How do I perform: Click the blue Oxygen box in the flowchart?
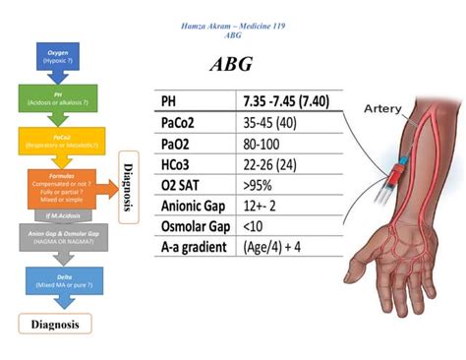coord(57,56)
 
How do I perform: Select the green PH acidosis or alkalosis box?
coord(57,98)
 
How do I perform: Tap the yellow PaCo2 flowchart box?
coord(57,141)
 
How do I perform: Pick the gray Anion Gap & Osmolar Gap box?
coord(57,236)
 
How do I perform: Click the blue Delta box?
coord(57,281)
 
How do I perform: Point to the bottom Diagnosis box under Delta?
coord(55,323)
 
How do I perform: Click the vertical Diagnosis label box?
coord(126,186)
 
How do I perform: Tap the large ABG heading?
coord(232,65)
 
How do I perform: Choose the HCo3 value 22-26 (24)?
coord(271,164)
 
